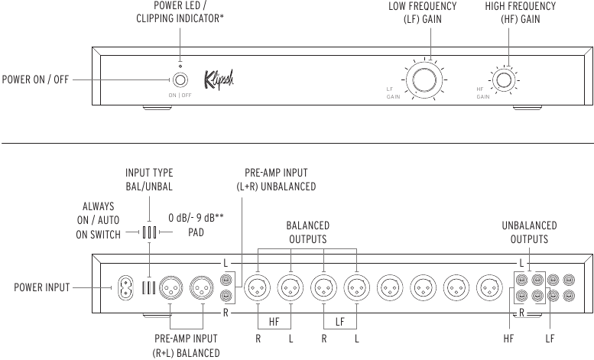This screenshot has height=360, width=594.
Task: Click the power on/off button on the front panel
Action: pyautogui.click(x=180, y=80)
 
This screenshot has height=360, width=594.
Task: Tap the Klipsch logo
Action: pyautogui.click(x=219, y=79)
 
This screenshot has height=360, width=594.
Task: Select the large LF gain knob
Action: pyautogui.click(x=424, y=80)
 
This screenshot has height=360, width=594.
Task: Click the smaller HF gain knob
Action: pyautogui.click(x=504, y=80)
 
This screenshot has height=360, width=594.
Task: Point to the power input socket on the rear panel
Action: pyautogui.click(x=125, y=288)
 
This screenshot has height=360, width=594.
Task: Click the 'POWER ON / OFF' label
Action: pyautogui.click(x=35, y=79)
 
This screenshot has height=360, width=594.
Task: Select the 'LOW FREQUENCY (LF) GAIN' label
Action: pyautogui.click(x=423, y=12)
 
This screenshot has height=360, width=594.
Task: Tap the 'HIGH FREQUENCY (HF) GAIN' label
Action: pyautogui.click(x=520, y=12)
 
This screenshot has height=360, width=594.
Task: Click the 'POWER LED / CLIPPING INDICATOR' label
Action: pyautogui.click(x=180, y=12)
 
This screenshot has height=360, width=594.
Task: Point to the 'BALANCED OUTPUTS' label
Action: pyautogui.click(x=307, y=232)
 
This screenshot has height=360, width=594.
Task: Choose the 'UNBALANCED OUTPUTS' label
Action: pyautogui.click(x=529, y=232)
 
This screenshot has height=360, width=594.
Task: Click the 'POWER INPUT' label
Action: pyautogui.click(x=42, y=287)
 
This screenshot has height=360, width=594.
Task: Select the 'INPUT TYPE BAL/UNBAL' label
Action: pyautogui.click(x=149, y=180)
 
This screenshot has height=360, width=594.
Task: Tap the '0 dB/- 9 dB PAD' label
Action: pyautogui.click(x=196, y=225)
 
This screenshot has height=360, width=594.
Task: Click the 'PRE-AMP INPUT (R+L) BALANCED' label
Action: pyautogui.click(x=186, y=345)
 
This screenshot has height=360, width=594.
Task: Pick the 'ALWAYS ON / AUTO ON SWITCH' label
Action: pyautogui.click(x=98, y=221)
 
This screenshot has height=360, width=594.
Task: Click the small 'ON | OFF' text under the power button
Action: pyautogui.click(x=180, y=96)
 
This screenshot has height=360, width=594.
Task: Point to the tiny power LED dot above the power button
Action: pyautogui.click(x=180, y=66)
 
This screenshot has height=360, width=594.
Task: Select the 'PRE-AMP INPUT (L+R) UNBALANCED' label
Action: pyautogui.click(x=276, y=180)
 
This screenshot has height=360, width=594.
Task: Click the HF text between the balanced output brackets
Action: pyautogui.click(x=274, y=322)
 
